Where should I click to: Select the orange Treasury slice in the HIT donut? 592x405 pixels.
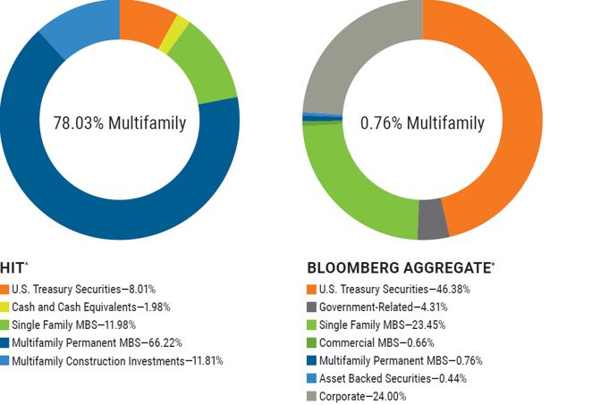[x=146, y=21]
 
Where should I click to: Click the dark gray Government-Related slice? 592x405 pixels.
[x=433, y=219]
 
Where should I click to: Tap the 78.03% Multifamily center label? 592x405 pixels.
[x=120, y=123]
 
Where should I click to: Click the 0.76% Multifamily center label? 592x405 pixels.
[x=422, y=123]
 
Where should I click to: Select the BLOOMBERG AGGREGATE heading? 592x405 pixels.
[x=401, y=267]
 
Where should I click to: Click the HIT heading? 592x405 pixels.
[x=14, y=267]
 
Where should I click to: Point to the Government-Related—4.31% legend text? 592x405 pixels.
[x=384, y=307]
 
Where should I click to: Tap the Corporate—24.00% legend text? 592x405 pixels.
[x=362, y=396]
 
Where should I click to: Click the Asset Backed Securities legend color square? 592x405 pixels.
[x=311, y=378]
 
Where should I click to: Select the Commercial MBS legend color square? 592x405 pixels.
[x=311, y=342]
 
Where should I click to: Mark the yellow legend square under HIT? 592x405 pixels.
[x=4, y=307]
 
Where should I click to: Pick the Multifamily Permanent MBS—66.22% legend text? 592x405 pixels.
[x=97, y=342]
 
